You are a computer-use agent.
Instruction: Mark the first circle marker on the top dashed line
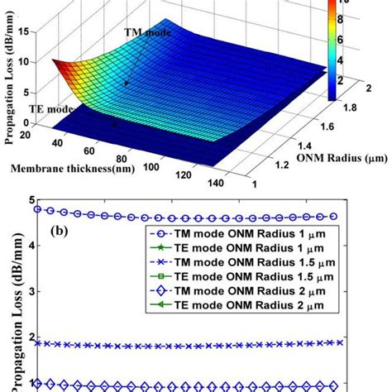pyautogui.click(x=39, y=210)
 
